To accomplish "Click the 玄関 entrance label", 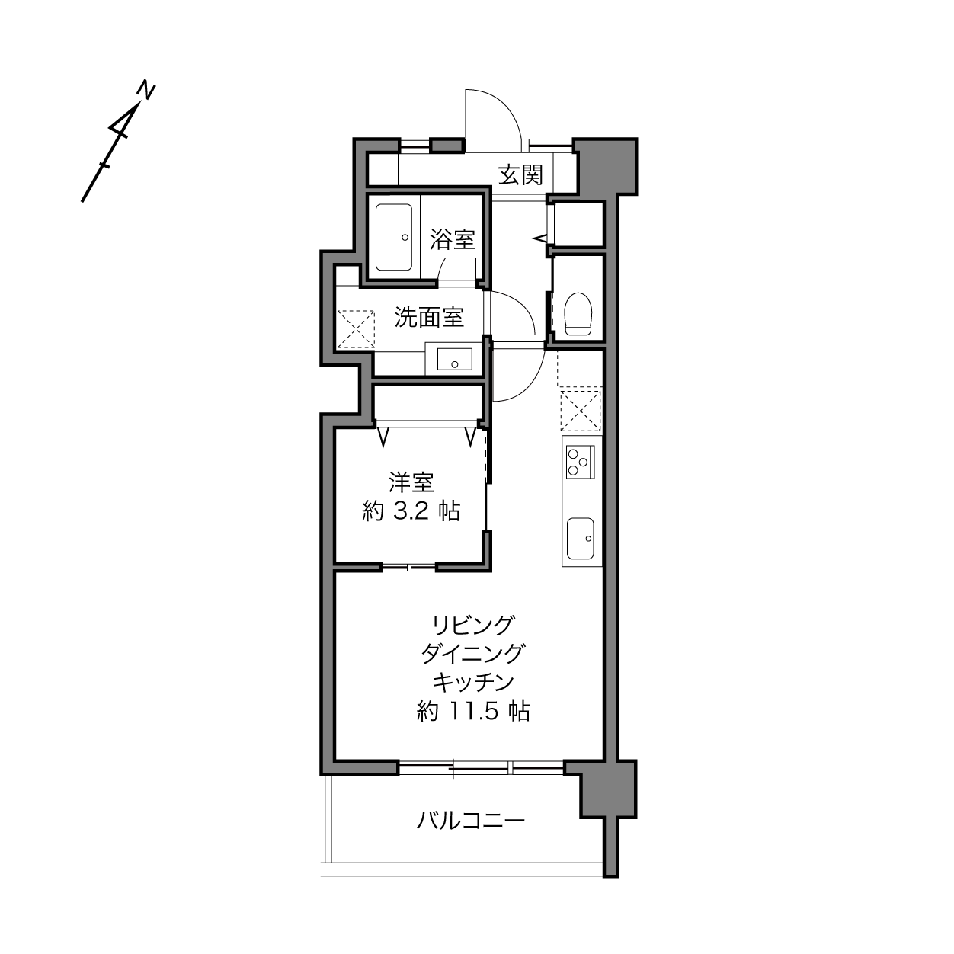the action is click(520, 174).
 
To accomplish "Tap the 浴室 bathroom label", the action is click(453, 239).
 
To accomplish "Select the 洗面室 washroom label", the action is click(429, 317).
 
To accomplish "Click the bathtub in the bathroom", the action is click(394, 237).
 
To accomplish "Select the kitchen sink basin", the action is click(580, 539).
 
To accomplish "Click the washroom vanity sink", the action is click(454, 359).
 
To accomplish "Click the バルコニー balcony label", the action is click(470, 821).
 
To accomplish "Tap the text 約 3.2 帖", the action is click(411, 511).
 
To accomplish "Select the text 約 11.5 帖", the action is click(473, 712).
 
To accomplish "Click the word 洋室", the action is click(411, 482).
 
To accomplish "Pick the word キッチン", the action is click(473, 683).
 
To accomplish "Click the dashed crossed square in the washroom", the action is click(355, 329).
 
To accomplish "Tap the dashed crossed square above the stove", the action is click(581, 411).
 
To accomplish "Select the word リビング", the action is click(473, 626).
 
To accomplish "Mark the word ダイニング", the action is click(473, 654).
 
